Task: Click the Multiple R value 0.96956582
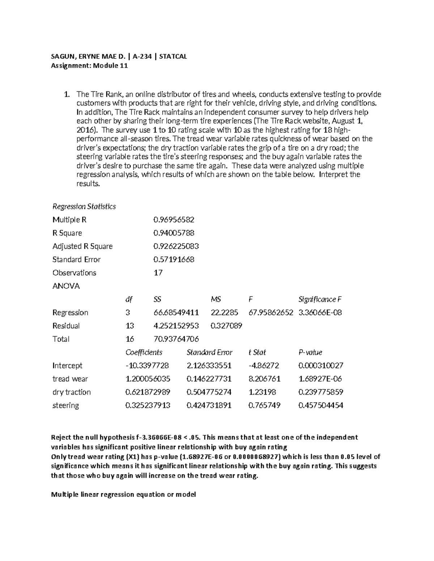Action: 174,220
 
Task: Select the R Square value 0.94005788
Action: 174,233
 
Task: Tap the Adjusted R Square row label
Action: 82,246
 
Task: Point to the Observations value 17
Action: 158,273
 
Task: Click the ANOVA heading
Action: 66,286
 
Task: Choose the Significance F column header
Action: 320,299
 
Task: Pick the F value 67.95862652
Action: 271,312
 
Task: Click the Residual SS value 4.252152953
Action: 176,326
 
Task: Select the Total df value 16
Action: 129,339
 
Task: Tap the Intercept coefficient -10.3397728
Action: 147,366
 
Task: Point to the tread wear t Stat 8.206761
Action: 264,379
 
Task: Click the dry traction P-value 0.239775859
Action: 321,392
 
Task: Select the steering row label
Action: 65,405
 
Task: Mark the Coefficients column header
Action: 144,352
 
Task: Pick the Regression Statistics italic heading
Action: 84,206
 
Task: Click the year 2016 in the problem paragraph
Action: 85,130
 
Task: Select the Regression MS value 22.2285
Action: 224,312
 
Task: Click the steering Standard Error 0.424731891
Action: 209,405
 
